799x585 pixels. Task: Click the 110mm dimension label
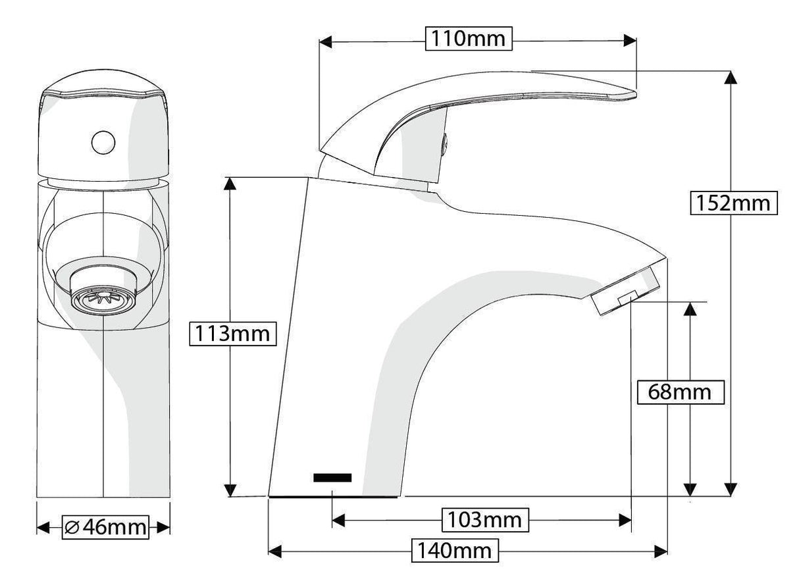[x=468, y=39]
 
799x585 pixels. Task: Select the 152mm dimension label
[x=734, y=203]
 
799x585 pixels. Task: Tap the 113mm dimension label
[x=230, y=334]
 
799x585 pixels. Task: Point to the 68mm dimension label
[x=680, y=393]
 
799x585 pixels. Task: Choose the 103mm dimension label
[x=484, y=521]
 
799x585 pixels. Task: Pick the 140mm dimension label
[x=453, y=550]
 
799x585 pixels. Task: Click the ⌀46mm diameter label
[x=105, y=527]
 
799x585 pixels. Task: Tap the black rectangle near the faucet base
[x=332, y=478]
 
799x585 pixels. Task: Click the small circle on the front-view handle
[x=103, y=141]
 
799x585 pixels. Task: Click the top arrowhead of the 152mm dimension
[x=730, y=77]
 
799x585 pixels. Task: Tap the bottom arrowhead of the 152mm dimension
[x=730, y=488]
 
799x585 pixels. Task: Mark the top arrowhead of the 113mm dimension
[x=230, y=184]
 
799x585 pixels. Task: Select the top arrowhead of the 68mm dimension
[x=689, y=309]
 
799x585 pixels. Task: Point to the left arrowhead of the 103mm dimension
[x=339, y=521]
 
